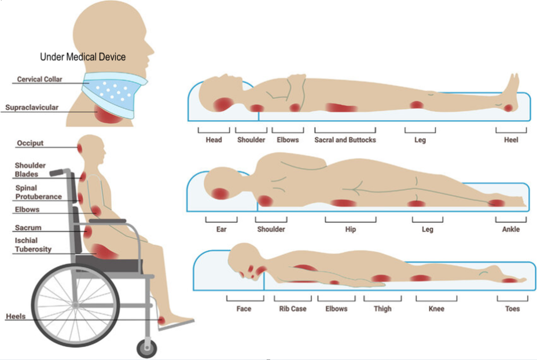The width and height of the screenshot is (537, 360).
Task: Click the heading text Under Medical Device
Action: (x=83, y=57)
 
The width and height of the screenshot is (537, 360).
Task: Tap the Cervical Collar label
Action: (x=39, y=79)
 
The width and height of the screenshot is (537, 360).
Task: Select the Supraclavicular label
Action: (x=32, y=107)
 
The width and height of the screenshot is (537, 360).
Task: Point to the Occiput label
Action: (x=30, y=143)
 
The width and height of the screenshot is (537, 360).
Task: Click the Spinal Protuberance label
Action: (x=38, y=192)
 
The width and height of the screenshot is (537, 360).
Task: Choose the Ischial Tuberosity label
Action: (x=34, y=245)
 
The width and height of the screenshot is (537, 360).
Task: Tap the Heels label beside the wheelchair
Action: (x=16, y=317)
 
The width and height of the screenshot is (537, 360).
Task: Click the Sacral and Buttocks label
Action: (x=345, y=140)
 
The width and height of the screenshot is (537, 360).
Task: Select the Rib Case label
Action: (x=293, y=309)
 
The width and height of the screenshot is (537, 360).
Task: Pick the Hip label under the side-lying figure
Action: (x=351, y=230)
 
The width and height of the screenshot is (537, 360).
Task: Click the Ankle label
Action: (x=511, y=230)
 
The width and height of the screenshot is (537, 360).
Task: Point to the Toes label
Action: (x=512, y=309)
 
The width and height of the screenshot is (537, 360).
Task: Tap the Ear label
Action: (x=221, y=230)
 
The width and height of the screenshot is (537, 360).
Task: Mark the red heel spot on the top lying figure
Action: (x=508, y=108)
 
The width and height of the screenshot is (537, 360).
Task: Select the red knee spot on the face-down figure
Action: (x=421, y=278)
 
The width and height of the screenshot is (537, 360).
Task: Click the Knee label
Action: (x=436, y=309)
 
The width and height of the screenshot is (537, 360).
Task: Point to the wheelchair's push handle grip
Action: (x=56, y=172)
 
